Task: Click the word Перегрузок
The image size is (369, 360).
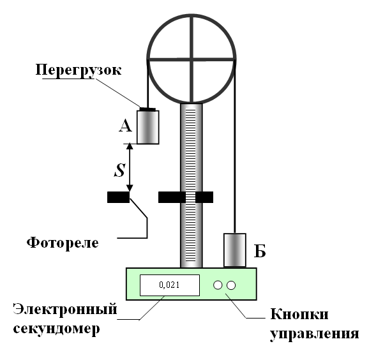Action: coord(79,70)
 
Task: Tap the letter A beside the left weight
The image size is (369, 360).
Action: coord(125,126)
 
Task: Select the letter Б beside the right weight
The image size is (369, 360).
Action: coord(260,251)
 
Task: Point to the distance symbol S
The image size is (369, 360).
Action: coord(119,170)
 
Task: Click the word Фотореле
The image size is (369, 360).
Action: coord(63,243)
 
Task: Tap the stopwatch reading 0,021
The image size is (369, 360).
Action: coord(169,285)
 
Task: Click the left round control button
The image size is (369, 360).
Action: coord(218,285)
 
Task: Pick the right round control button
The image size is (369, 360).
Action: coord(231,285)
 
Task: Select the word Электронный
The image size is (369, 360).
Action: coord(65,309)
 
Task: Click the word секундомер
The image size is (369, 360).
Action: coord(56,328)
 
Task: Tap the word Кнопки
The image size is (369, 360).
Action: coord(299,313)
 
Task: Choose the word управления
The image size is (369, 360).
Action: coord(314,333)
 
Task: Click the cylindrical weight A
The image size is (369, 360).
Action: coord(148,127)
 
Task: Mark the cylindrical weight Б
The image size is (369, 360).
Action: coord(235,250)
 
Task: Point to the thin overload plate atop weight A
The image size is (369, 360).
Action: coord(147,109)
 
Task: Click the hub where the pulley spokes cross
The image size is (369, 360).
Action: coord(192,59)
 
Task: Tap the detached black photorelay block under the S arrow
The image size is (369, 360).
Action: coord(118,197)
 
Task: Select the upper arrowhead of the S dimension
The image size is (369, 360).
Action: coord(130,146)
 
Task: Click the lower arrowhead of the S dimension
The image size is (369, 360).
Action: coord(130,188)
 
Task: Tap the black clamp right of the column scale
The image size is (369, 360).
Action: coord(204,197)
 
